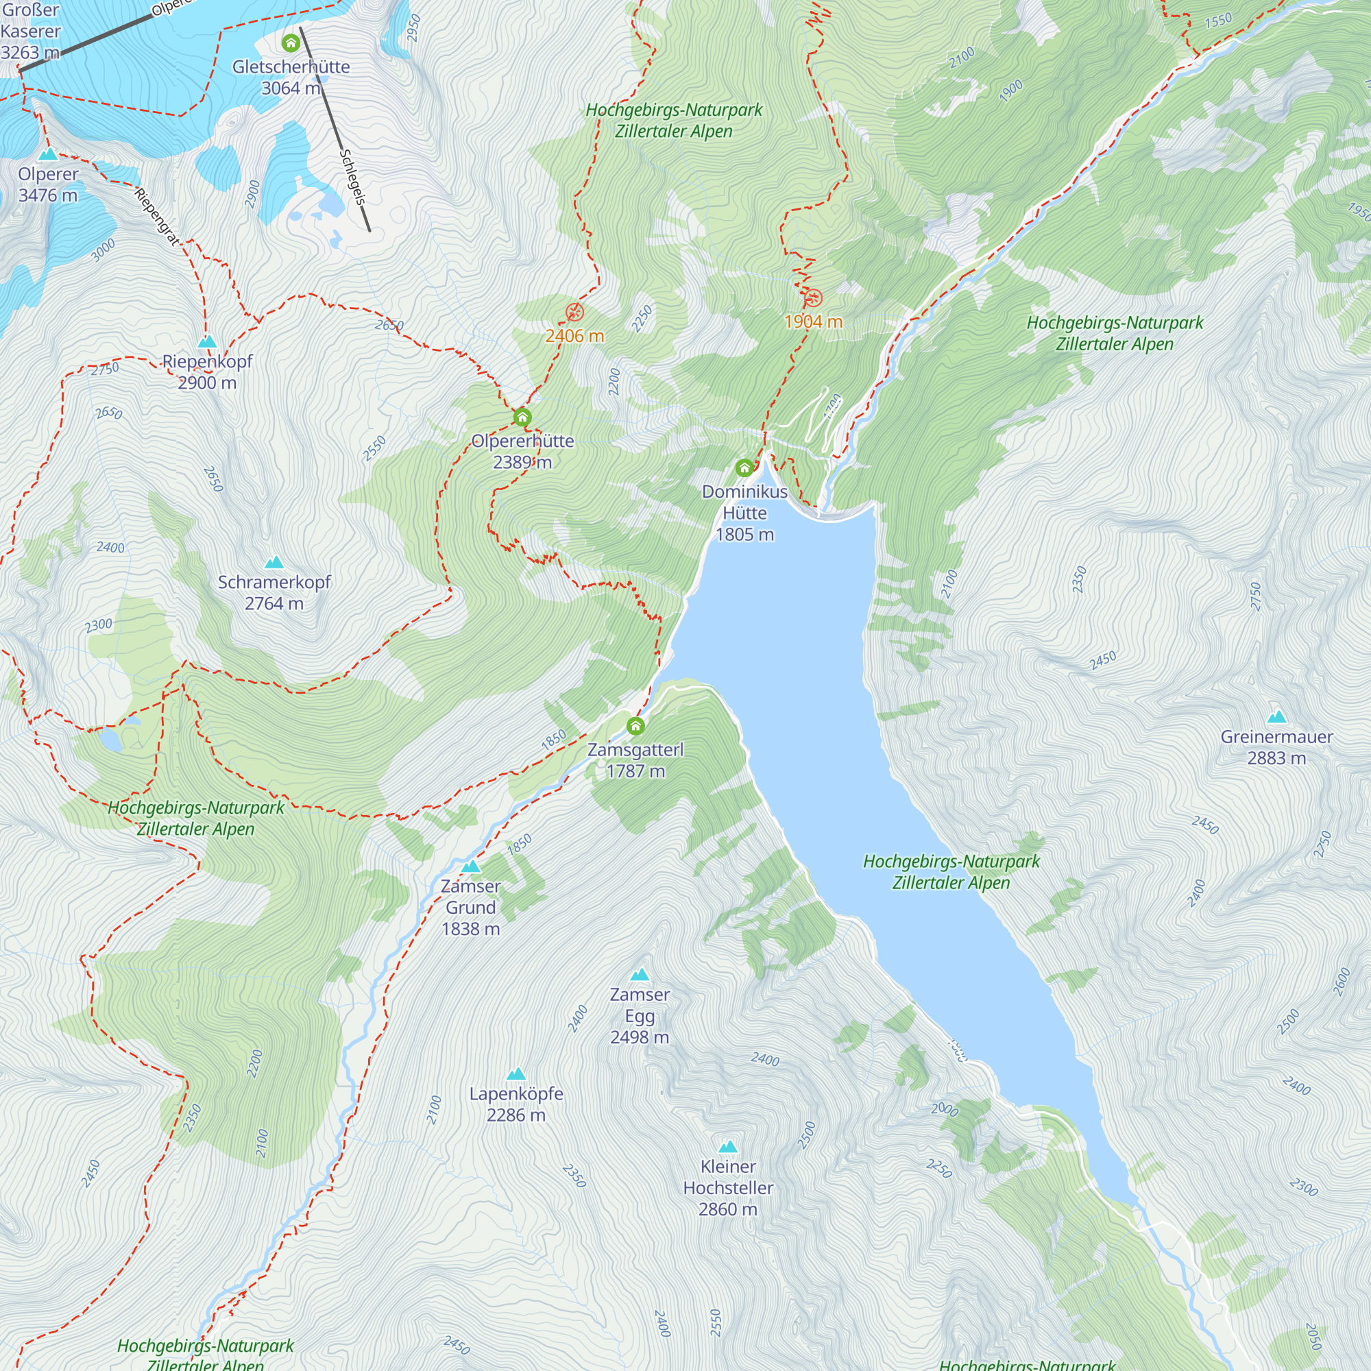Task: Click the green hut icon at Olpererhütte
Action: click(522, 417)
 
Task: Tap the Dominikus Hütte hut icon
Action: click(744, 468)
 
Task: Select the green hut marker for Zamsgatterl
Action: click(635, 726)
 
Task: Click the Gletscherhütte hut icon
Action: click(290, 43)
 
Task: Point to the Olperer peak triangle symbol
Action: click(47, 154)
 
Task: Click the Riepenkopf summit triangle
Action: click(206, 342)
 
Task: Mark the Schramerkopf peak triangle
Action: click(274, 563)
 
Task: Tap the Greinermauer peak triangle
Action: click(1276, 717)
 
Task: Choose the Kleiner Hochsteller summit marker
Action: click(728, 1147)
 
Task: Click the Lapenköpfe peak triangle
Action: click(516, 1073)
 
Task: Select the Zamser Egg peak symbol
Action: click(640, 975)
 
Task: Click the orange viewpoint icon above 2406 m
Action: click(574, 312)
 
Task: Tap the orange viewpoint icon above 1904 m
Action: click(812, 298)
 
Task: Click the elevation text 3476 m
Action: click(47, 195)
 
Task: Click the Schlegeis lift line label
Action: click(352, 178)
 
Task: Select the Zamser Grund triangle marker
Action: click(470, 866)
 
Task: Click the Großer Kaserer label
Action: click(31, 32)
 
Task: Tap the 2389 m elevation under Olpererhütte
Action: click(522, 463)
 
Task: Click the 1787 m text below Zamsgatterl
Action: click(635, 771)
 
